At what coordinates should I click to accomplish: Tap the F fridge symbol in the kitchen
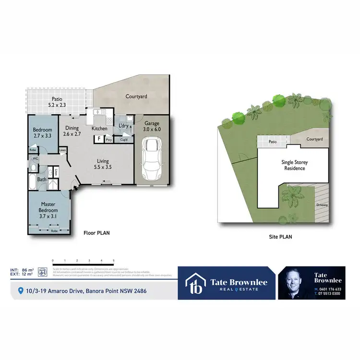click(x=99, y=139)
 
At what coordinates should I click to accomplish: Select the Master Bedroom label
click(x=48, y=207)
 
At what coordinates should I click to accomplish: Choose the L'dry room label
click(x=123, y=126)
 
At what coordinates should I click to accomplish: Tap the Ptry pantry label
click(x=109, y=140)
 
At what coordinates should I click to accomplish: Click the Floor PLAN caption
click(x=96, y=233)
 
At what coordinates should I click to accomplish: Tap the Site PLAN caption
click(x=280, y=237)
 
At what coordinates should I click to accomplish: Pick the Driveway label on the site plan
click(x=322, y=205)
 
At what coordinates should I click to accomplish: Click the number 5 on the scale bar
click(x=113, y=260)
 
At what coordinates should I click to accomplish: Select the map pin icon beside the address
click(x=20, y=291)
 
